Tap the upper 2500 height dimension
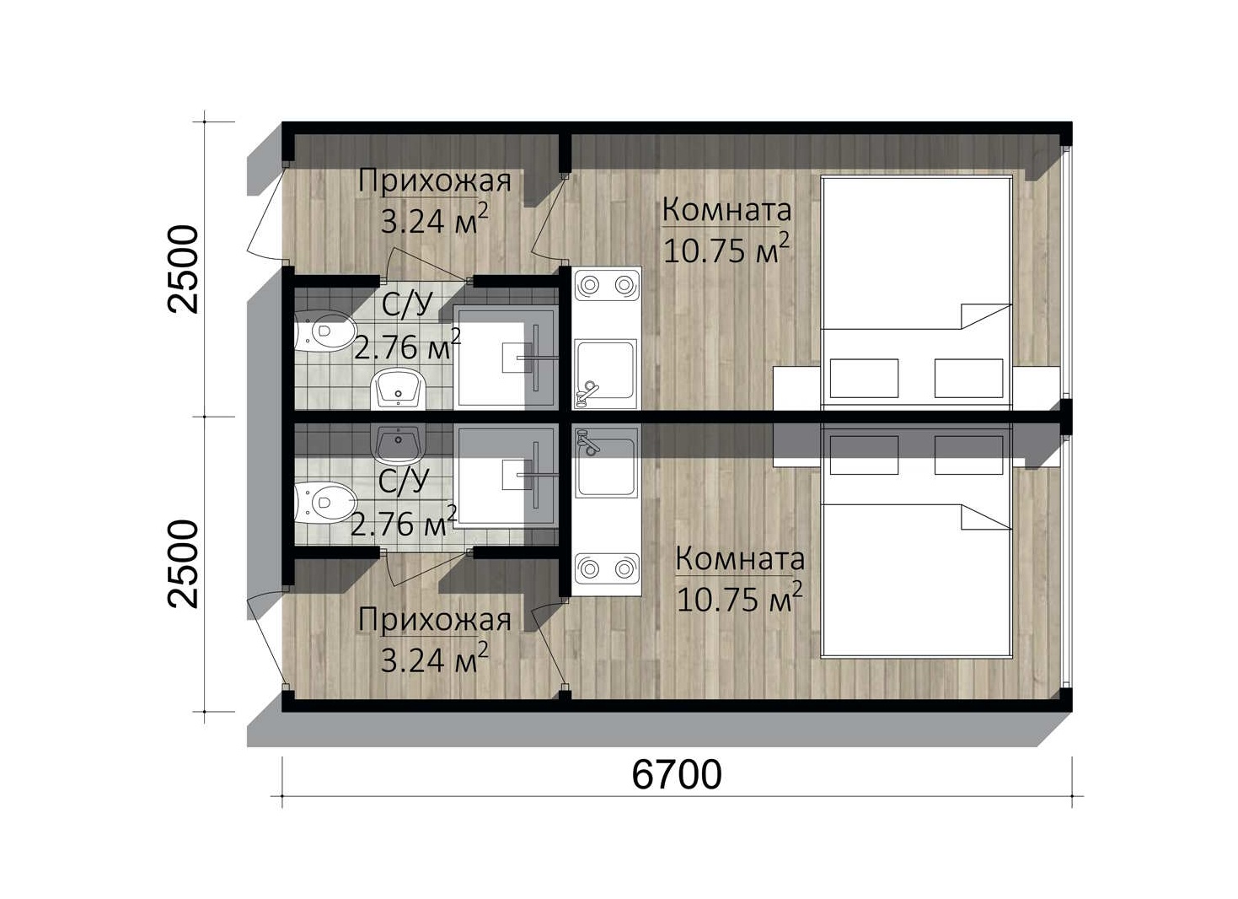tap(183, 269)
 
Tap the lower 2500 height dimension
tap(183, 564)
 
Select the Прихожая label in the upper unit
tap(434, 181)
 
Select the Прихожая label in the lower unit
tap(434, 620)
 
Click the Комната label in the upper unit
tap(726, 210)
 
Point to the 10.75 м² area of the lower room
tap(739, 597)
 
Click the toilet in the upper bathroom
tap(324, 331)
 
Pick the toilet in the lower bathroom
tap(324, 503)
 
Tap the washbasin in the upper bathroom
tap(399, 389)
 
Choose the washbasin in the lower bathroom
tap(399, 445)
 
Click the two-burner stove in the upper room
tap(606, 285)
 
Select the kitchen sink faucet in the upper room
tap(587, 392)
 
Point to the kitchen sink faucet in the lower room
tap(587, 443)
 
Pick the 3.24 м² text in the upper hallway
tap(434, 220)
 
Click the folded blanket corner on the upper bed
tap(986, 316)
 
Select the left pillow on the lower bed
tap(864, 455)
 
